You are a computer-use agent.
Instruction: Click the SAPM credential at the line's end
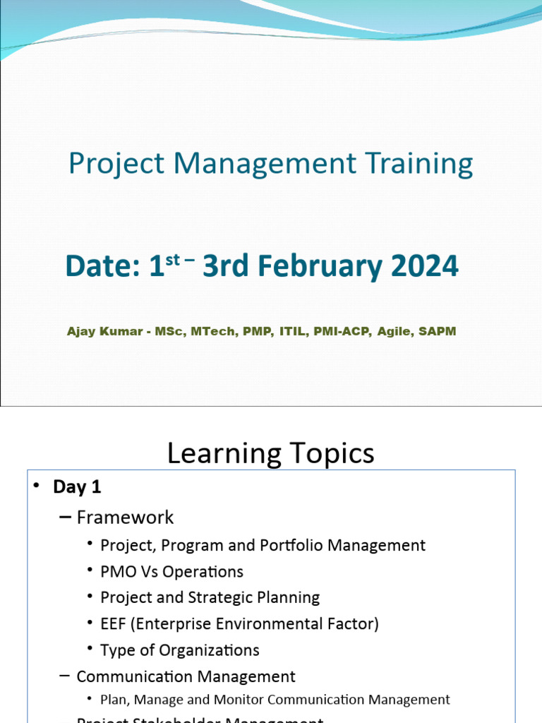click(x=438, y=331)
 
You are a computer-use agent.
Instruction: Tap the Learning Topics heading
click(x=270, y=453)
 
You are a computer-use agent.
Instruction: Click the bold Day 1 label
click(x=77, y=487)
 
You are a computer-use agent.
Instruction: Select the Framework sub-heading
click(x=125, y=518)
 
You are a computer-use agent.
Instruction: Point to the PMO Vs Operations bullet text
click(x=171, y=571)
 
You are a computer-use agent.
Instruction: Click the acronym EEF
click(x=114, y=623)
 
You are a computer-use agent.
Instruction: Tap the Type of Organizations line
click(x=179, y=650)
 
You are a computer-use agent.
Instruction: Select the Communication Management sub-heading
click(x=186, y=676)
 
